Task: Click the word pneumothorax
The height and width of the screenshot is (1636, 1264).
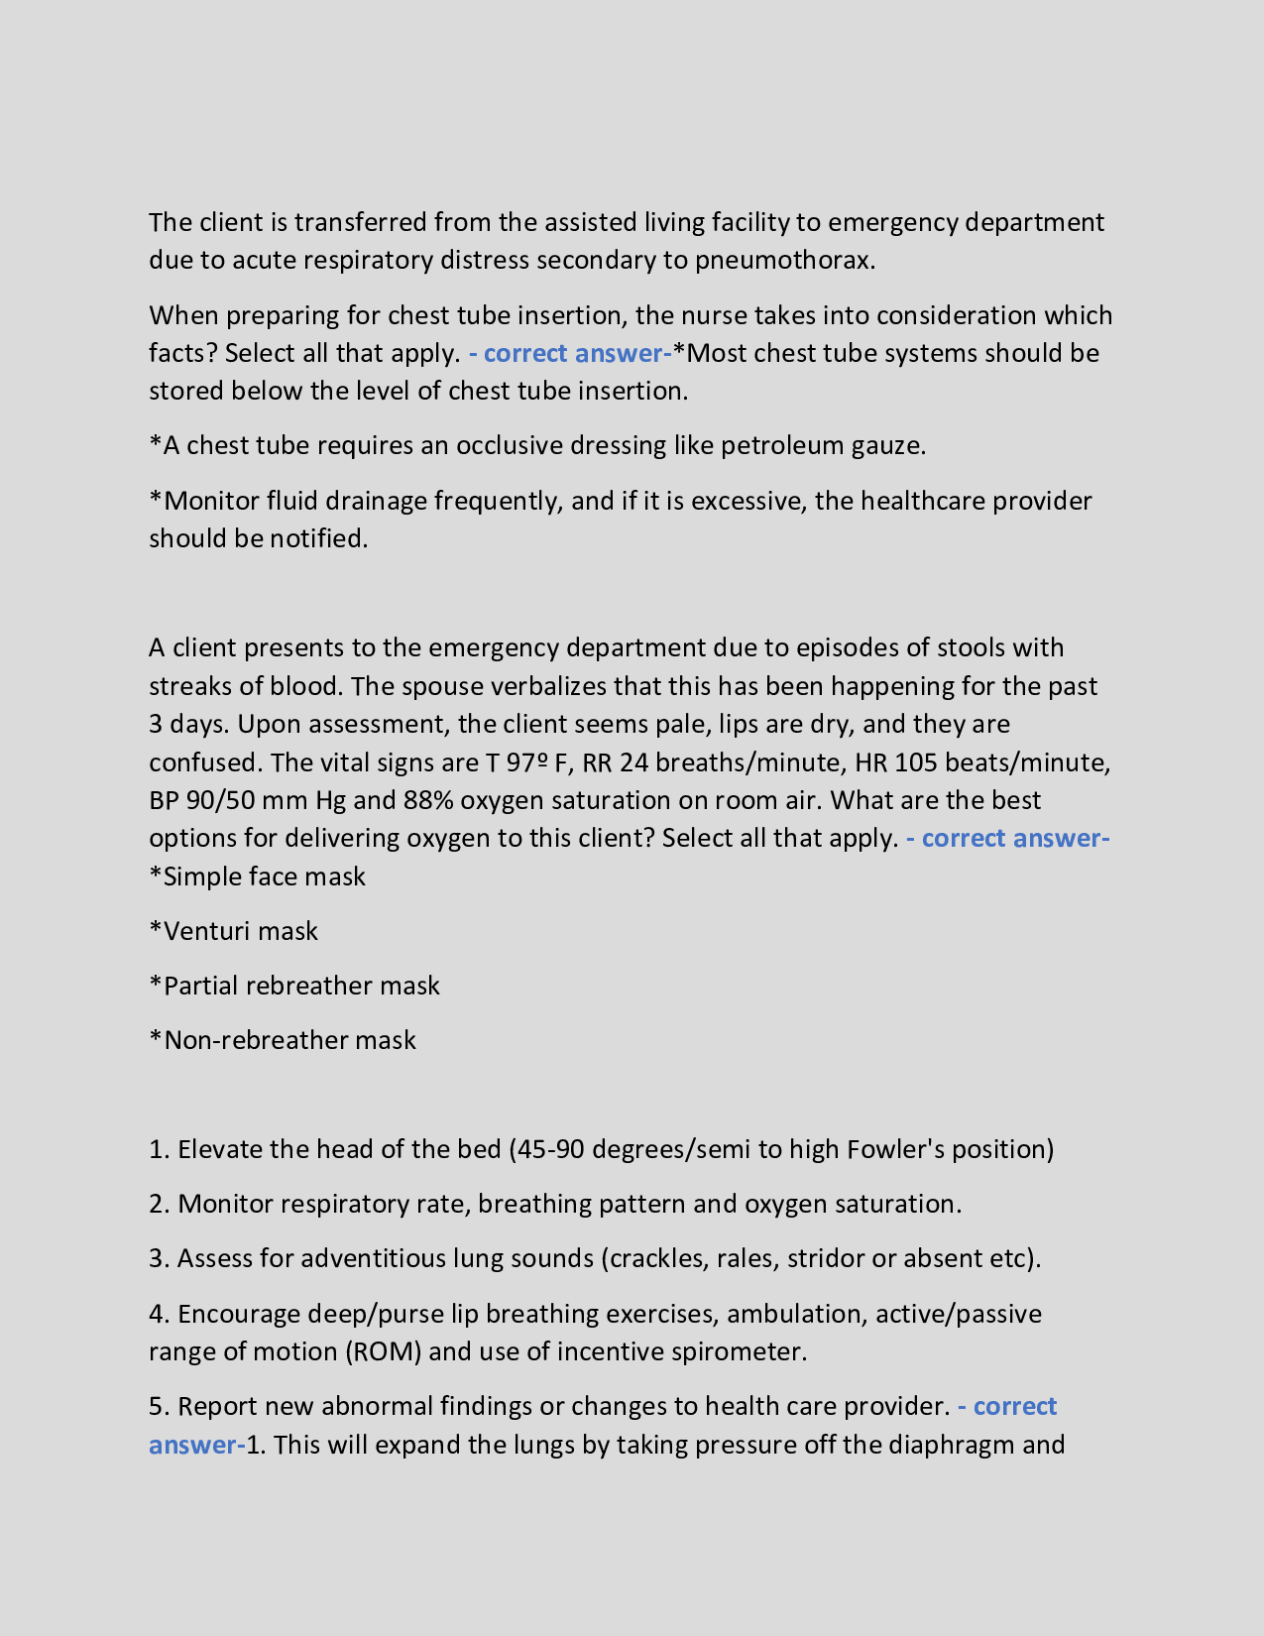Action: [784, 260]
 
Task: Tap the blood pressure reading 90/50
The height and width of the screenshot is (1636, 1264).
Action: [220, 800]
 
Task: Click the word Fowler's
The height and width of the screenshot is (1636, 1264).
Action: [894, 1149]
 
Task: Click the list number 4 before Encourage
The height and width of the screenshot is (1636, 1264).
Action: [159, 1314]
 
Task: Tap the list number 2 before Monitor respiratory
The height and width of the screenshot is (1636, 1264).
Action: [159, 1204]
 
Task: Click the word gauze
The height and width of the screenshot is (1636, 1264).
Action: [888, 445]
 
